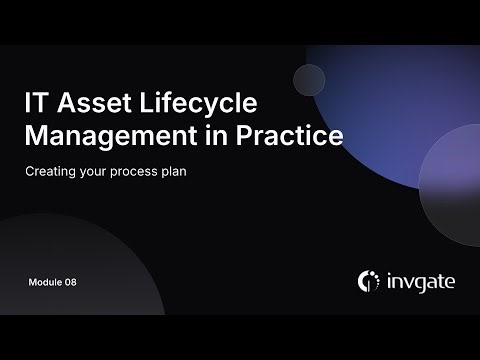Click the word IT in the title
pos(35,104)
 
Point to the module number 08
pos(70,282)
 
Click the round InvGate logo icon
pos(368,281)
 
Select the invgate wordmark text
pos(420,281)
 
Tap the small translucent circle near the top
pos(309,79)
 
